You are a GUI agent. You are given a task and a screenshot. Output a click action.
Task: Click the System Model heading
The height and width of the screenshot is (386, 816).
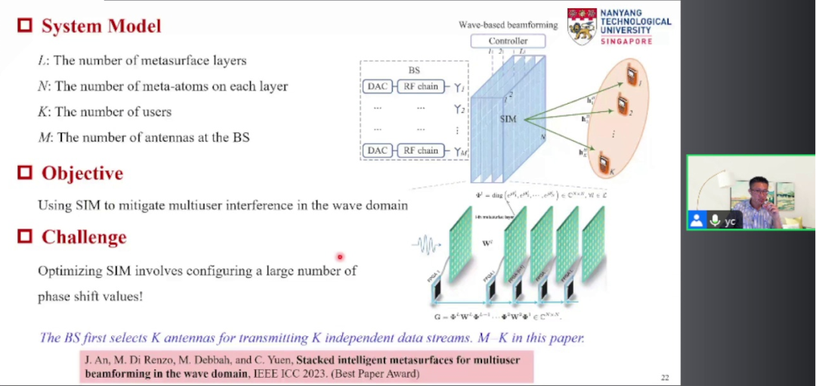[100, 26]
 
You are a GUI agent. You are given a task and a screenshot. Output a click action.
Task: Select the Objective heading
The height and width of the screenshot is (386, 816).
[82, 173]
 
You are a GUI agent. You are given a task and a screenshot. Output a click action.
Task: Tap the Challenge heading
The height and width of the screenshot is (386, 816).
[83, 238]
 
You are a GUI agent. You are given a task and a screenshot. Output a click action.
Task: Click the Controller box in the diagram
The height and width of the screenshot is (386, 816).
[508, 41]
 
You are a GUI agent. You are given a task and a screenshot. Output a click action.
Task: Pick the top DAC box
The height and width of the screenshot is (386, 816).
[376, 86]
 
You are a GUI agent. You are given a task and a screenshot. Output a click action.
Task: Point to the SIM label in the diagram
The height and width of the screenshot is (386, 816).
[508, 120]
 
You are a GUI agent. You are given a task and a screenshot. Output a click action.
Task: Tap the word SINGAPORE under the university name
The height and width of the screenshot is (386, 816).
[626, 41]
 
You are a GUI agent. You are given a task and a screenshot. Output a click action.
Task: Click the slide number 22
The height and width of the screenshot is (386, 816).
[665, 376]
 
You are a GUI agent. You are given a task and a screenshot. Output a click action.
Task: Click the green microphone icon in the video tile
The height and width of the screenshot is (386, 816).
[714, 220]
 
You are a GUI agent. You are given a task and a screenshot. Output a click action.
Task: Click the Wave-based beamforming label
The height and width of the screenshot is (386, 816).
[508, 25]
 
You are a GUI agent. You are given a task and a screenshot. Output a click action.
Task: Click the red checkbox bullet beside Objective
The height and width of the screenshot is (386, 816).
[25, 173]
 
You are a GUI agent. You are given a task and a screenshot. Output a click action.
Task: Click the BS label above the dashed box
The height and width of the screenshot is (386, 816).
[414, 70]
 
